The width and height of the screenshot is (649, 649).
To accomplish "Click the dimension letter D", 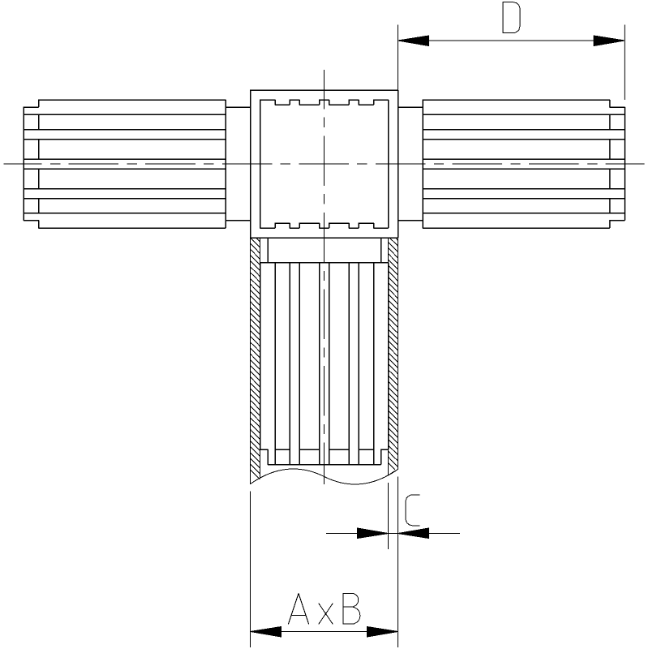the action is coord(511,17).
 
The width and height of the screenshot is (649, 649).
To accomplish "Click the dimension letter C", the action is coord(412,510).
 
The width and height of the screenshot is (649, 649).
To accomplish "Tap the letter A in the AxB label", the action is coord(299,609).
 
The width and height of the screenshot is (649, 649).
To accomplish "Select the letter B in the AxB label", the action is coord(351,609).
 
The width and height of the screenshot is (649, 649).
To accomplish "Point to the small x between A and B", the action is coord(326,615).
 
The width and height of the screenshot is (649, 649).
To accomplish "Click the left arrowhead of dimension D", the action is coord(414,41).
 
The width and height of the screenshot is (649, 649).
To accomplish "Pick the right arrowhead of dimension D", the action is coord(609,41).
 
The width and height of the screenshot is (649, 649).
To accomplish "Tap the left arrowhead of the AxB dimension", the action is coord(266,632).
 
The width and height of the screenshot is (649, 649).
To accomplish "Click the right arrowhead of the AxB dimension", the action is coord(382,632).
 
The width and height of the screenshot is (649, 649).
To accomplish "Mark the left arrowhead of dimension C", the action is coord(372,533).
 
